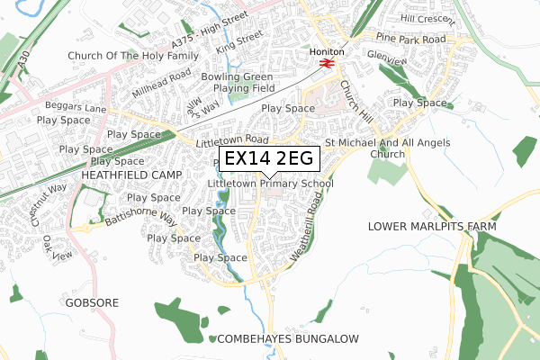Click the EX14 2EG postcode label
pos(268,159)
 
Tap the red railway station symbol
pos(326,64)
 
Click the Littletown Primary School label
pos(270,184)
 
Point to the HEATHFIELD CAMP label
pos(131,174)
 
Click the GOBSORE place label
pos(92,303)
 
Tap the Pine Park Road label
pos(411,40)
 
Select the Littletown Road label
pos(232,140)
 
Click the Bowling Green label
pos(237,77)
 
